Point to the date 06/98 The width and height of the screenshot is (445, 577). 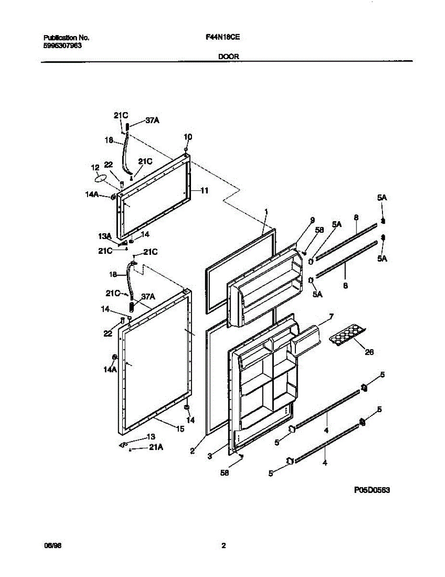coord(51,546)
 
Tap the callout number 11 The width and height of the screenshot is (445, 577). coord(204,191)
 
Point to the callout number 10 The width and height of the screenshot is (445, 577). coord(188,137)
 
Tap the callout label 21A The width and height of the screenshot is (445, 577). coord(156,448)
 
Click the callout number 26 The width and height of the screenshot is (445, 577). coord(369,352)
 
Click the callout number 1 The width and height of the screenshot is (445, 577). coord(266,212)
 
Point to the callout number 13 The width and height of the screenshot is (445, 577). coord(151,437)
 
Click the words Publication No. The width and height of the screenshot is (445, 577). coord(66,38)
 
